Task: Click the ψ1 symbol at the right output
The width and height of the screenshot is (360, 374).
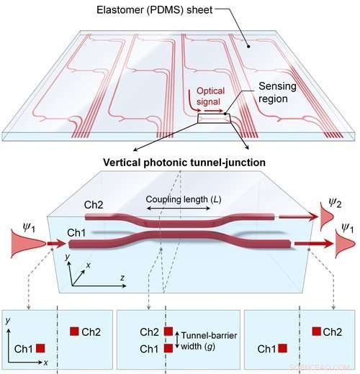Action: click(x=346, y=227)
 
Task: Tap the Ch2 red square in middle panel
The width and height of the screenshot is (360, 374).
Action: click(x=168, y=331)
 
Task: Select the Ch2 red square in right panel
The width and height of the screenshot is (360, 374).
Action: click(x=316, y=331)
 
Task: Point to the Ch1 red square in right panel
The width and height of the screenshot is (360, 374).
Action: click(x=283, y=347)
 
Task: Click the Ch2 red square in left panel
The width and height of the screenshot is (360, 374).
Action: click(x=74, y=331)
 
